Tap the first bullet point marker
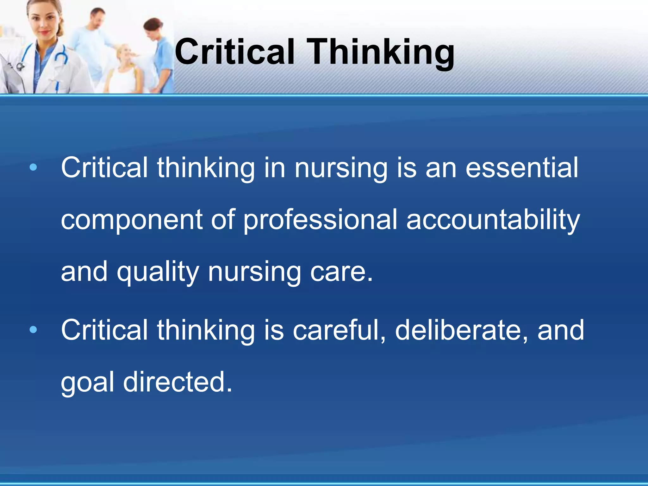tap(33, 167)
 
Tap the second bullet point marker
tap(33, 330)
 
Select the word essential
tap(522, 168)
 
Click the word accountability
tap(493, 220)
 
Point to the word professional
tap(320, 220)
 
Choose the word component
tap(131, 220)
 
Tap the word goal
tap(87, 383)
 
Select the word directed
tap(177, 382)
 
